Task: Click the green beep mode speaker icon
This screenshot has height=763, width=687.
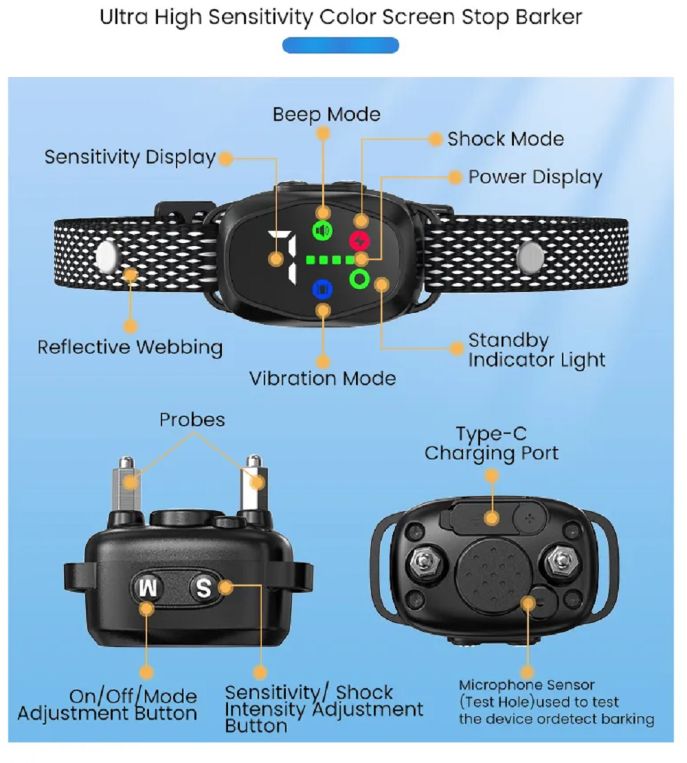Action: tap(322, 230)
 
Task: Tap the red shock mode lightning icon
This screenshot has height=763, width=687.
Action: tap(360, 240)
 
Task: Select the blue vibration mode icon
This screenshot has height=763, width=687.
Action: tap(322, 289)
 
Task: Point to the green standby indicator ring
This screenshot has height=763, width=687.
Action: tap(360, 280)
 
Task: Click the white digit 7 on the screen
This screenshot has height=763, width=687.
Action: tap(283, 257)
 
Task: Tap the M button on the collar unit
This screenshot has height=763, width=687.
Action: tap(148, 589)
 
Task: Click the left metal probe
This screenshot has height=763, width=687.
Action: tap(128, 484)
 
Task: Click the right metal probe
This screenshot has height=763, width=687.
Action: tap(254, 483)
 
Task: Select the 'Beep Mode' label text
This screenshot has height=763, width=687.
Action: tap(326, 115)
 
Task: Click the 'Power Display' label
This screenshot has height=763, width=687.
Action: tap(535, 178)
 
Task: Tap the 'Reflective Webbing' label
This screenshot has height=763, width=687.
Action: tap(130, 348)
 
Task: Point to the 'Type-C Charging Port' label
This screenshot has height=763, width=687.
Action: tap(491, 444)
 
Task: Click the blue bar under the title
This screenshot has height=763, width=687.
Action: tap(341, 45)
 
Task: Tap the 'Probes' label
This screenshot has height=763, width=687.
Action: tap(192, 420)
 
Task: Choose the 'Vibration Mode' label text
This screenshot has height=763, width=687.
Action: tap(322, 378)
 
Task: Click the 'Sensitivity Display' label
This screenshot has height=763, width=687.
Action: tap(130, 158)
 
